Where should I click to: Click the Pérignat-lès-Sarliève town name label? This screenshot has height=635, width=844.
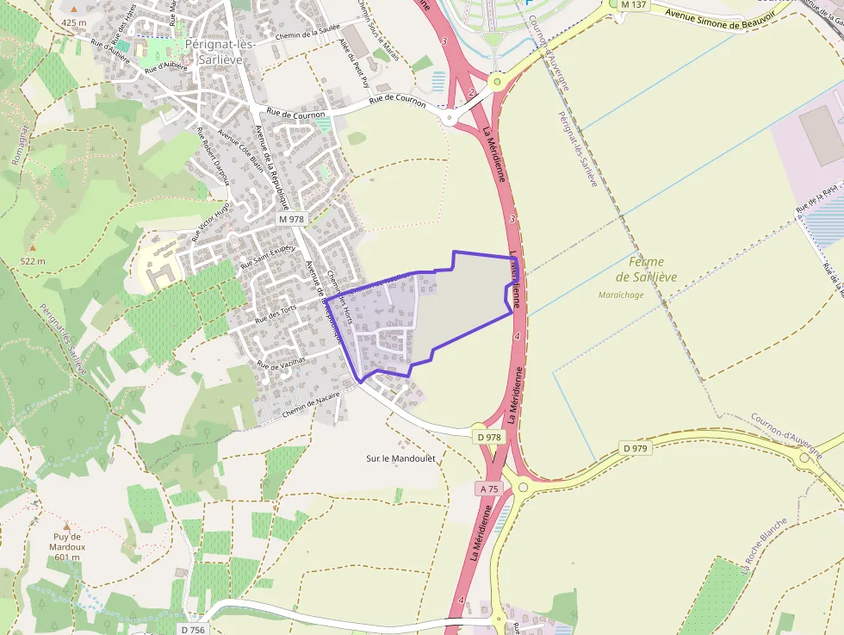click(214, 52)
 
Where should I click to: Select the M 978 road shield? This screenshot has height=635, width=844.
click(291, 220)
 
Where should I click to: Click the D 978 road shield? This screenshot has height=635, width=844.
click(488, 437)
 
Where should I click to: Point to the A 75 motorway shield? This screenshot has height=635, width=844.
click(488, 489)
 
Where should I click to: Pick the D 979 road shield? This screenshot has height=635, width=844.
click(635, 449)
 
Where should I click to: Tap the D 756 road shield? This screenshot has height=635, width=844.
click(194, 630)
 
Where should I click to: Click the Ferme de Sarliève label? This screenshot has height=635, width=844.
click(647, 270)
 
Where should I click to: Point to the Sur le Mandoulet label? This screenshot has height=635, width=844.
click(401, 459)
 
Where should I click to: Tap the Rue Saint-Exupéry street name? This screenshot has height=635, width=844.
click(268, 257)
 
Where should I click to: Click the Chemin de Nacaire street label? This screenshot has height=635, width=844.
click(310, 402)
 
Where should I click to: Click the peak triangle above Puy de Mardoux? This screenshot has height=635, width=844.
click(66, 525)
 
